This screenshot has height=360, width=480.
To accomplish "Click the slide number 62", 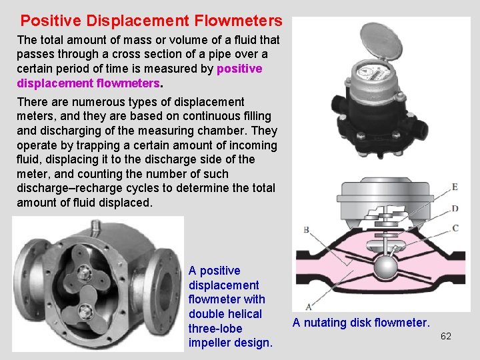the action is coord(446,336).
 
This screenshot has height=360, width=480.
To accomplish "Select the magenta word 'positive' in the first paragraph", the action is coord(240,69).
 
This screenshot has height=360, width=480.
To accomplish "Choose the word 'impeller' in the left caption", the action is coord(210,343).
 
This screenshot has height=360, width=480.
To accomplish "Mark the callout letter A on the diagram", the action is coord(308,307).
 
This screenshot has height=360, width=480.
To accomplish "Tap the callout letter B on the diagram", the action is coord(306,230).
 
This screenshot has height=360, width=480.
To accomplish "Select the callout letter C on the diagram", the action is coord(455,228).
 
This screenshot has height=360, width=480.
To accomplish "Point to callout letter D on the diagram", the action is coord(455,209).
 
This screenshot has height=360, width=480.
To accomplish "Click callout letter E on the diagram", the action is coord(455,187).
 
